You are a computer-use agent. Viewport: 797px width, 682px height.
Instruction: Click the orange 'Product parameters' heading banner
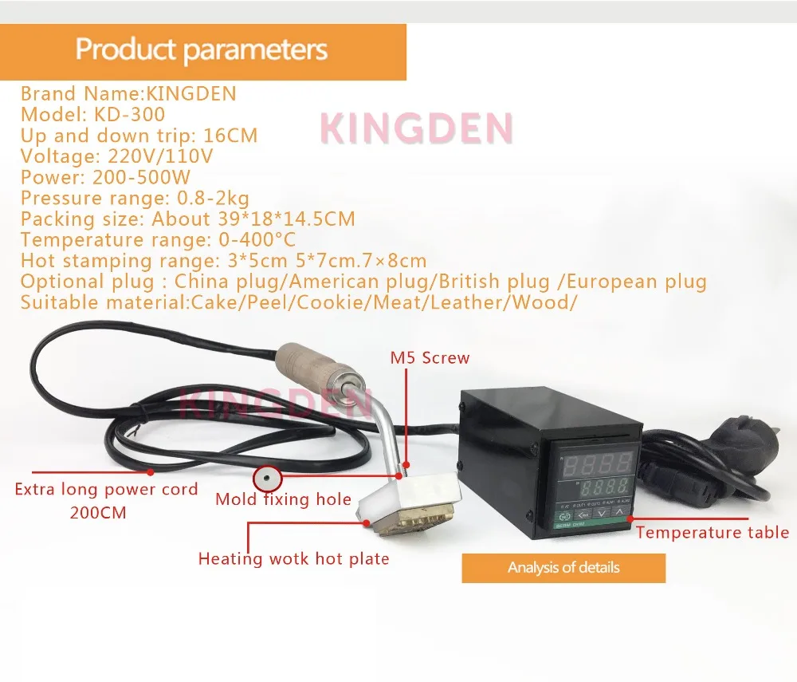202,52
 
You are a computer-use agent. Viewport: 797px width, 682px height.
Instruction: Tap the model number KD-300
129,114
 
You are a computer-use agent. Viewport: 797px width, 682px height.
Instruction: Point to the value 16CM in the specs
230,136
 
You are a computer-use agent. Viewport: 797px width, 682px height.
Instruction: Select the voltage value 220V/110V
160,156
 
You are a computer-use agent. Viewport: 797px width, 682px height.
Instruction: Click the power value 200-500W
141,177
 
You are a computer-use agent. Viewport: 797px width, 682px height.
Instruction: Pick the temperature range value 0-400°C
257,239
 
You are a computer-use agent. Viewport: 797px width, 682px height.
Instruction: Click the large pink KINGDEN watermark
417,128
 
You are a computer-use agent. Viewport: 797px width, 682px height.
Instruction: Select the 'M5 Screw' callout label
430,357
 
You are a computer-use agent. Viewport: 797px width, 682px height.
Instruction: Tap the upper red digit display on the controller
597,463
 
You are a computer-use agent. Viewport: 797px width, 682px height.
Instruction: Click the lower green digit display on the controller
604,488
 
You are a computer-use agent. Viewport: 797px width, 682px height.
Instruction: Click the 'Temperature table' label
712,533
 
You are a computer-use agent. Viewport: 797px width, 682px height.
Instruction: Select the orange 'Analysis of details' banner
563,568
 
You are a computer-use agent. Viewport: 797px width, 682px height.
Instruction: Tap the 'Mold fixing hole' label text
283,499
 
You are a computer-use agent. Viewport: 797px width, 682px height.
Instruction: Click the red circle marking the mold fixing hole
267,478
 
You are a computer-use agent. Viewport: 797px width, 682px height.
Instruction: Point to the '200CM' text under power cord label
98,512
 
